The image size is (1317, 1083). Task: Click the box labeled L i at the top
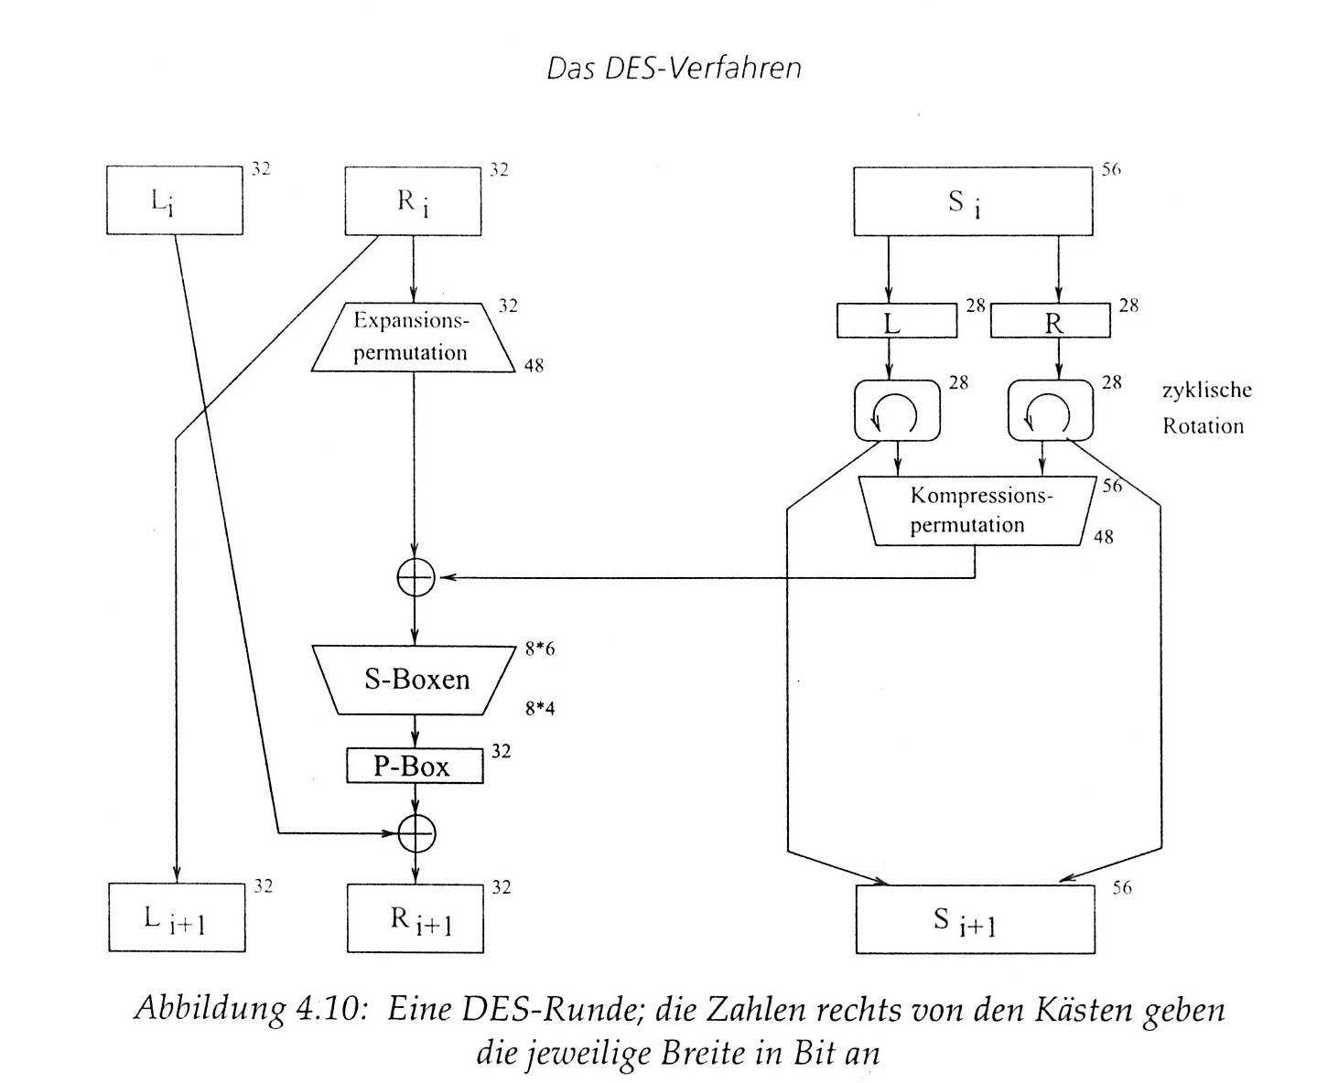175,200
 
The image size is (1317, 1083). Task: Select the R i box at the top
413,200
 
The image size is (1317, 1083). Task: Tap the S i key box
973,201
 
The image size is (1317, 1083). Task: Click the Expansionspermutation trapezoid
413,338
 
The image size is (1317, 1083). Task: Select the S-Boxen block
416,680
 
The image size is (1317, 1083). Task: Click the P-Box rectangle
414,766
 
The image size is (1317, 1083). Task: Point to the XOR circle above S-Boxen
416,577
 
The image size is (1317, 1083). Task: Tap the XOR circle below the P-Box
416,833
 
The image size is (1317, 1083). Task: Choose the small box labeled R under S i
1051,322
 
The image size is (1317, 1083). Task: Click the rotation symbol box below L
897,411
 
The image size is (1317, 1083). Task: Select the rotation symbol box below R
1051,411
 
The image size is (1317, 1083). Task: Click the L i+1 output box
177,917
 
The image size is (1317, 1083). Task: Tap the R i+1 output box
416,918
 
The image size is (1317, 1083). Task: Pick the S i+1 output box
975,919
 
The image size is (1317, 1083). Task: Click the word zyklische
1206,391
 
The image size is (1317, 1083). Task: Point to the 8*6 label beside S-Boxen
540,649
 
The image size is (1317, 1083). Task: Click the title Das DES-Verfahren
674,69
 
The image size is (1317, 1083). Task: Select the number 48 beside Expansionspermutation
534,366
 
